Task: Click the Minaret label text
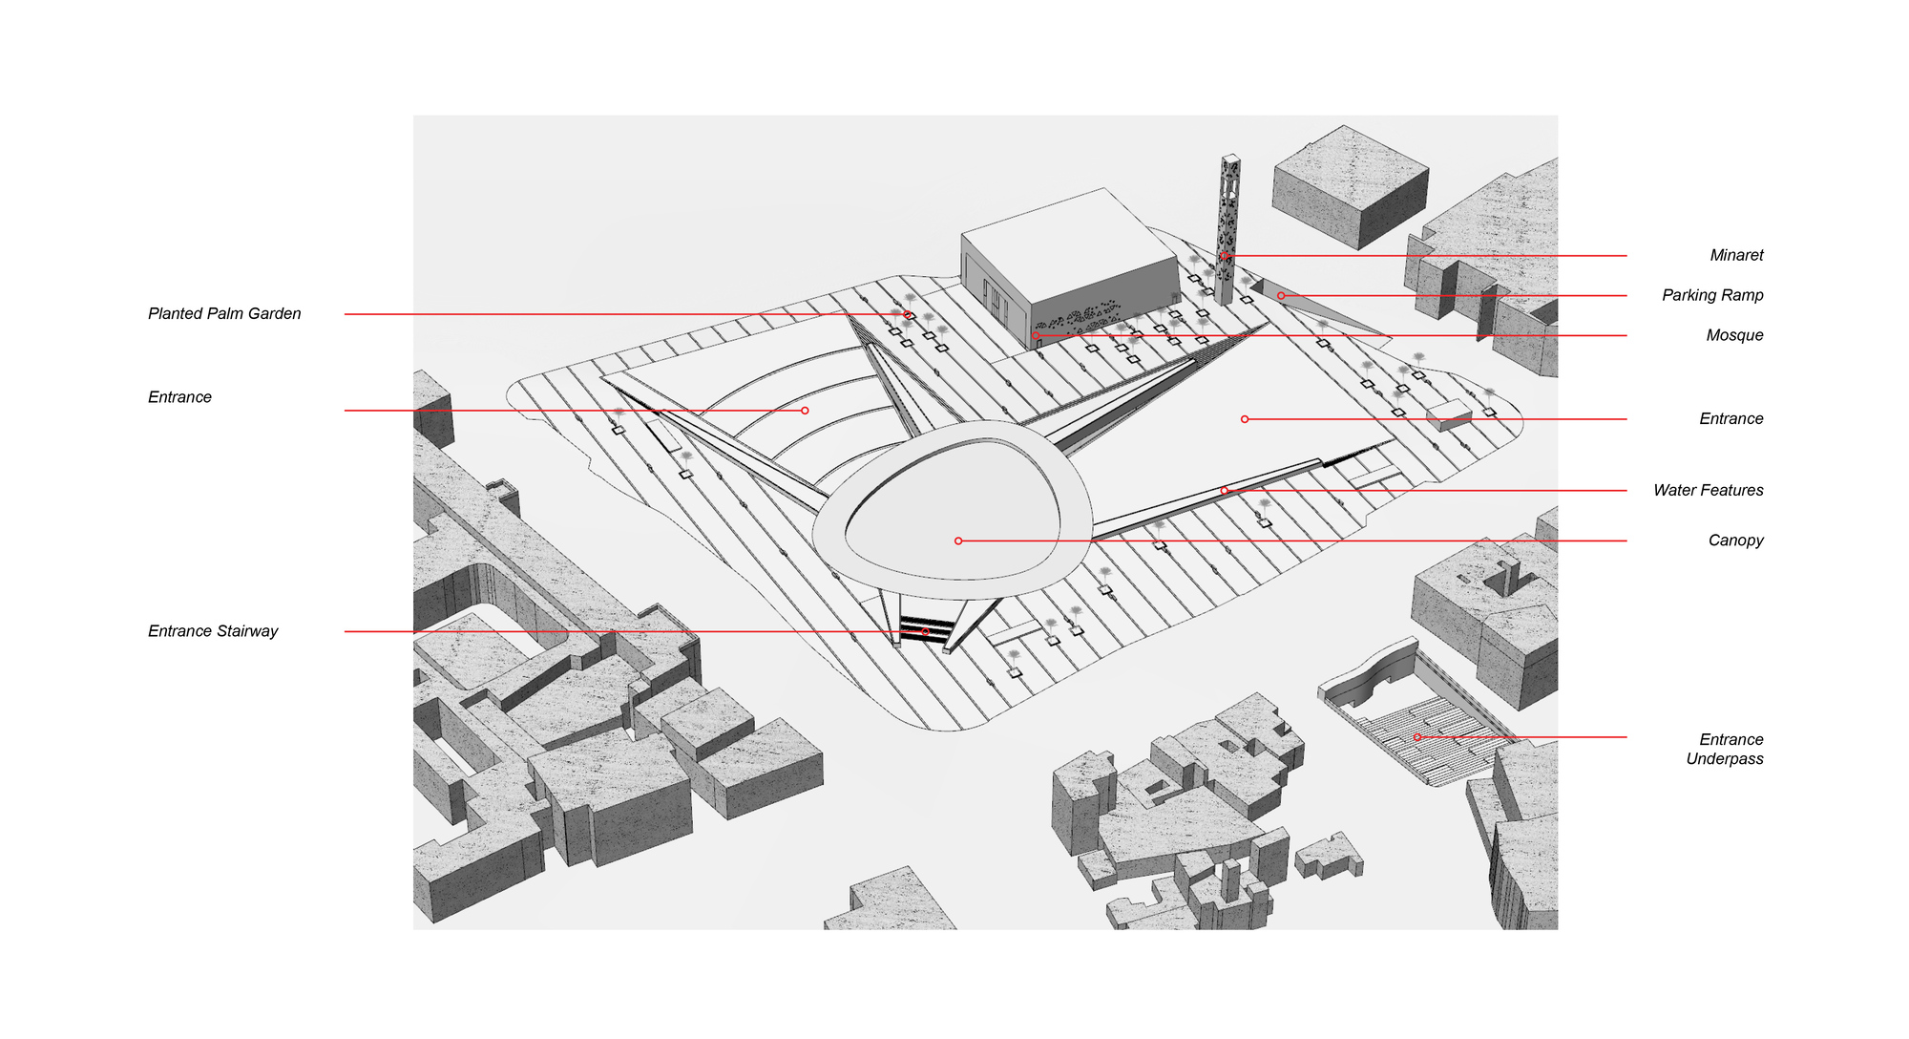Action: point(1736,256)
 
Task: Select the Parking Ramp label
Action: point(1712,296)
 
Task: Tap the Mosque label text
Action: point(1734,336)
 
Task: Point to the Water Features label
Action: point(1708,491)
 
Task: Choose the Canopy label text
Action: point(1735,541)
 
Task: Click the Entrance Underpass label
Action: point(1724,750)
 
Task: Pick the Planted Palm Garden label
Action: point(224,314)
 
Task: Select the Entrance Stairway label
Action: point(213,631)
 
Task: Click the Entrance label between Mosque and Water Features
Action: point(1731,419)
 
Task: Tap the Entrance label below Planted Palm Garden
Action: point(179,397)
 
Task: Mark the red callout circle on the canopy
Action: point(958,541)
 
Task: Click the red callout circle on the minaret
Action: point(1225,256)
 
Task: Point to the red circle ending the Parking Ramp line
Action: point(1281,296)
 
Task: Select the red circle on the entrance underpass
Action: point(1417,737)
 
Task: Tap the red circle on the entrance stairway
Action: point(925,632)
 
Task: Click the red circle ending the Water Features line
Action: point(1225,491)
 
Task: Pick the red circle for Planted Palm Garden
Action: point(907,315)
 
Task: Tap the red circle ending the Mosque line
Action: point(1036,336)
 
